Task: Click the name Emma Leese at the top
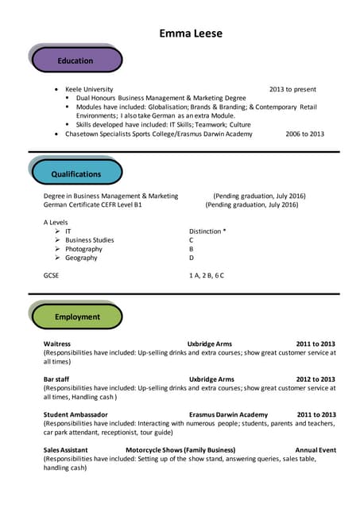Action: tap(191, 33)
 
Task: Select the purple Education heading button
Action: tap(75, 60)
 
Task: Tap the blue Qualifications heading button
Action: tap(76, 173)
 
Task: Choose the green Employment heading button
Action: tap(77, 317)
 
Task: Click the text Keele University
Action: tap(89, 89)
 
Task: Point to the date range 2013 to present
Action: tap(292, 89)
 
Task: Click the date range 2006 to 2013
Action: tap(305, 134)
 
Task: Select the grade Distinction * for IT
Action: tap(207, 231)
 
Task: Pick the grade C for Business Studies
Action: tap(192, 239)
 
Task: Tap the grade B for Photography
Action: tap(192, 249)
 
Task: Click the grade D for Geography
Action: tap(192, 258)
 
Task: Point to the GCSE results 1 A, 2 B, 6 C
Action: tap(207, 275)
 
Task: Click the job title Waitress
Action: tap(57, 344)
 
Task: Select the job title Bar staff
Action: tap(56, 379)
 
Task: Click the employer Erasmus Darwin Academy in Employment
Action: tap(228, 414)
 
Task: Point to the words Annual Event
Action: tap(315, 450)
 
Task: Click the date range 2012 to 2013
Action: tap(315, 379)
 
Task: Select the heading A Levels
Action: tap(56, 222)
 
